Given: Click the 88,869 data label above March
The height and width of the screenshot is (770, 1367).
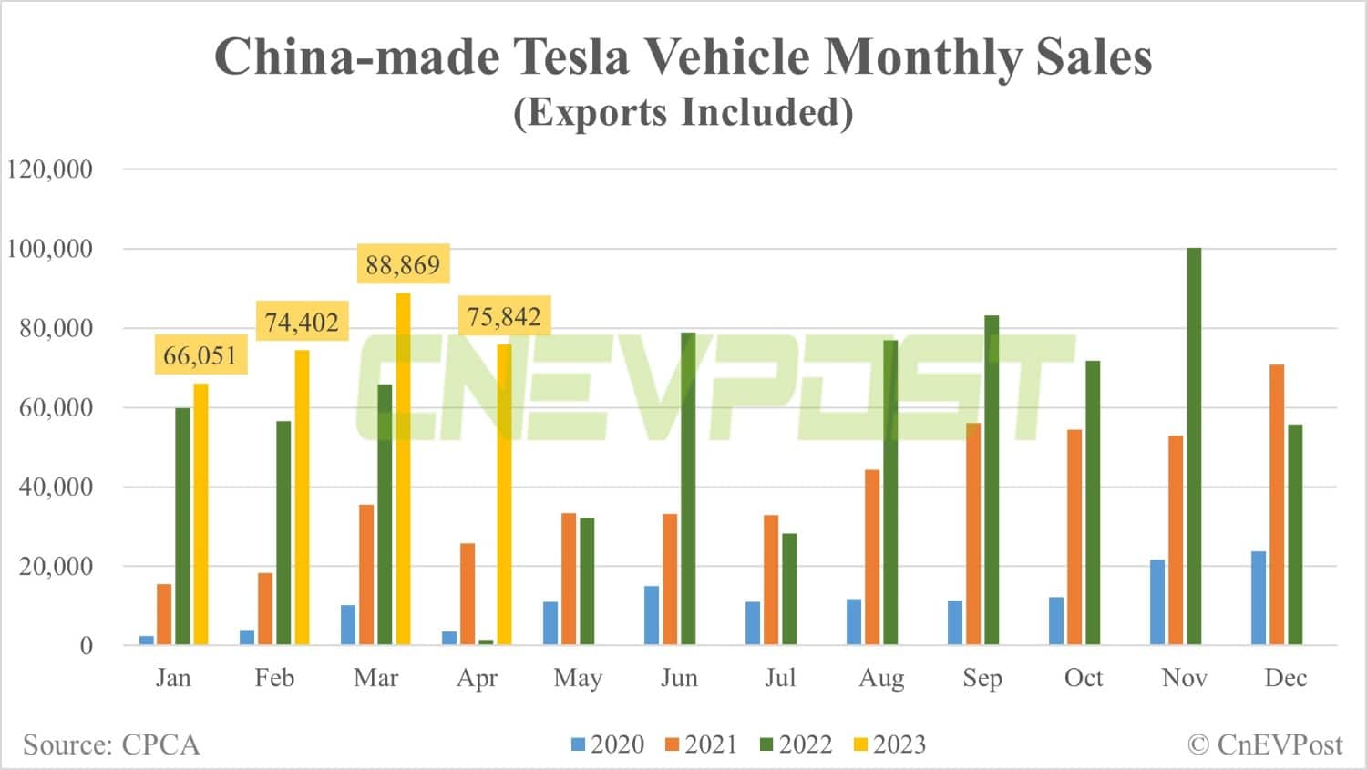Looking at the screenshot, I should click(x=403, y=265).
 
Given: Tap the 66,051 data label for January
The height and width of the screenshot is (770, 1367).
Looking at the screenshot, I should click(x=200, y=355).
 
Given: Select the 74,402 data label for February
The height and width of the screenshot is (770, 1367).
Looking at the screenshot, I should click(x=302, y=323).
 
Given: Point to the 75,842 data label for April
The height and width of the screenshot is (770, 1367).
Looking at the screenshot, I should click(x=504, y=317).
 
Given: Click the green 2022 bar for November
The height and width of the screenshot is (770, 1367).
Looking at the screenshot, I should click(x=1194, y=447).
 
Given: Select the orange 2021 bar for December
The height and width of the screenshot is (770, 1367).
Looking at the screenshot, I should click(x=1277, y=505).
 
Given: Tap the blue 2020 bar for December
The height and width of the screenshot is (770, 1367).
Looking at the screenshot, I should click(x=1259, y=598).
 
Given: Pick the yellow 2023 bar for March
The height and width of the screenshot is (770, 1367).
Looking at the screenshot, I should click(x=403, y=469).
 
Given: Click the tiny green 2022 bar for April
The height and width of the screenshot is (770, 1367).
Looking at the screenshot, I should click(x=486, y=642).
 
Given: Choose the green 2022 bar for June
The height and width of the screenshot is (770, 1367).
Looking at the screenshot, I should click(x=688, y=488).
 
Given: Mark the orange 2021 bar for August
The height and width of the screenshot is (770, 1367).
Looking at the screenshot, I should click(x=872, y=557).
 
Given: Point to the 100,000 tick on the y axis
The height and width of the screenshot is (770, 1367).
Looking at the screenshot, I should click(x=50, y=249).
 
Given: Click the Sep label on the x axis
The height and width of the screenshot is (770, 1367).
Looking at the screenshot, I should click(x=982, y=678).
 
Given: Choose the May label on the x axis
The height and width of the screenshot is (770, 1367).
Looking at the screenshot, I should click(x=578, y=678).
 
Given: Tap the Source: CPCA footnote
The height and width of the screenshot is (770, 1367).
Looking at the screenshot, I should click(x=111, y=744).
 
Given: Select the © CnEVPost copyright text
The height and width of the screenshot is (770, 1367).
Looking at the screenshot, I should click(x=1265, y=744).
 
